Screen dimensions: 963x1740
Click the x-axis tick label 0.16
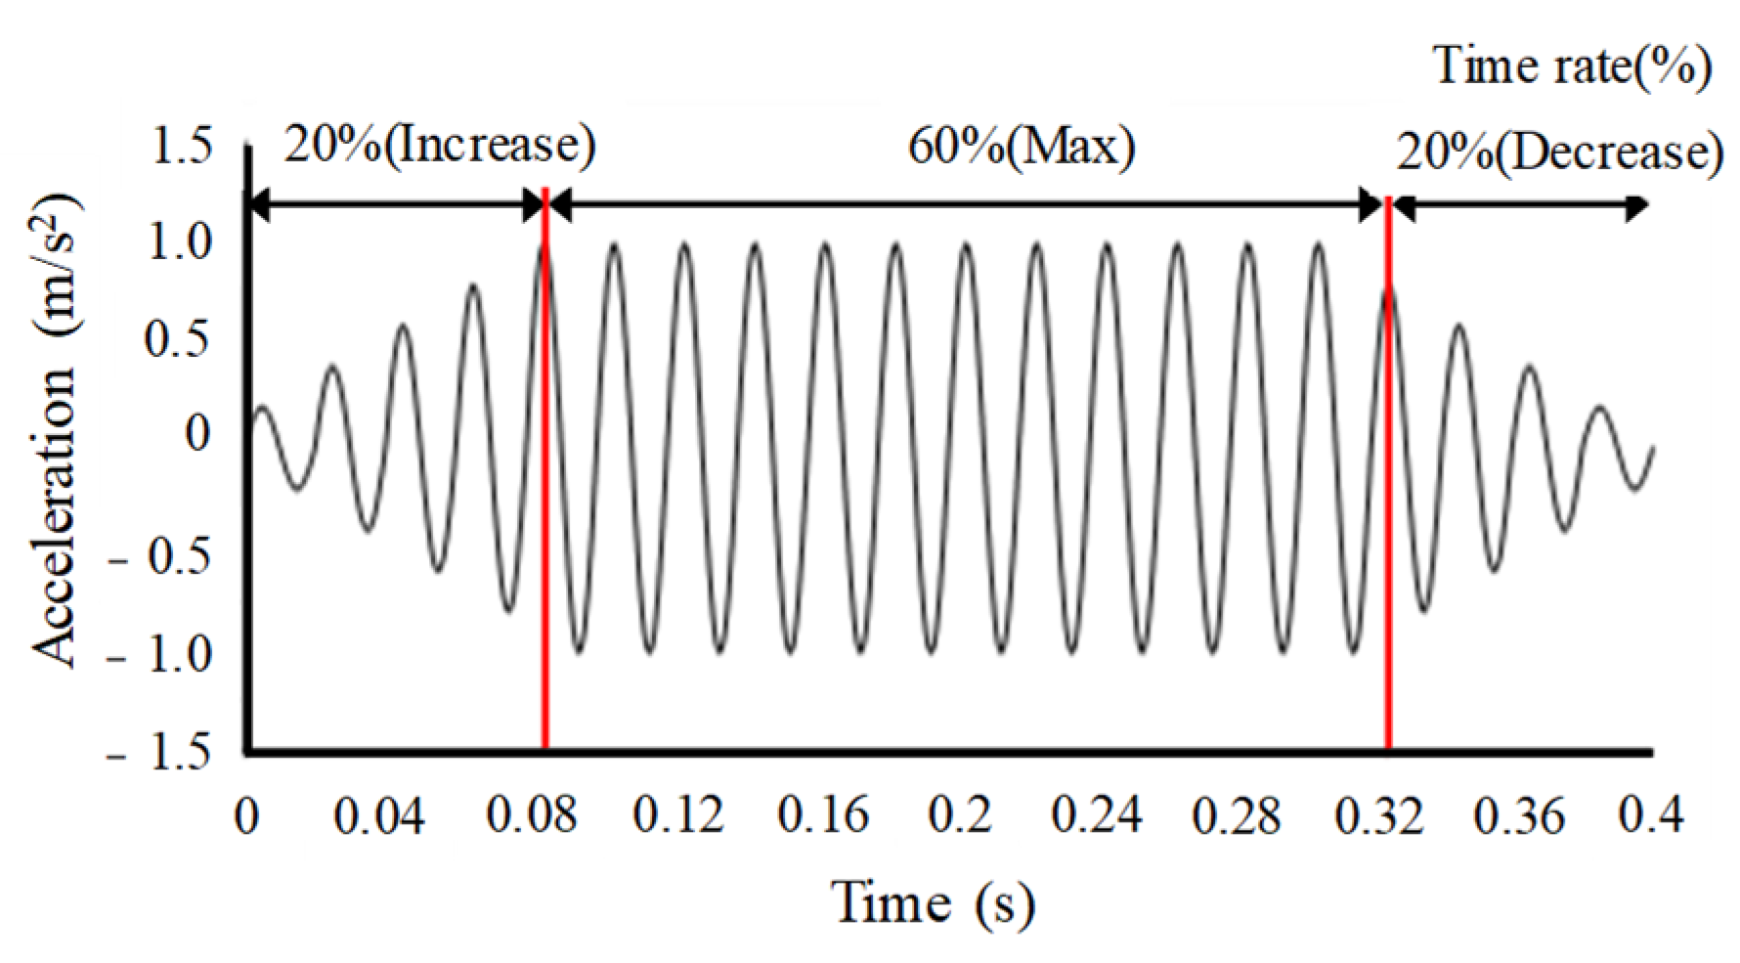click(822, 814)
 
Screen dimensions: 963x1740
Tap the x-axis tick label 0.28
click(1236, 814)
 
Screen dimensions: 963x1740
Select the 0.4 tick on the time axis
click(1650, 814)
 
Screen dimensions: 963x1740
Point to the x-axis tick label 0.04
click(378, 814)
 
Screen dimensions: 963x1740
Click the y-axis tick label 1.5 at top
click(182, 148)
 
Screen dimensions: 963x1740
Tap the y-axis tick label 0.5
click(177, 339)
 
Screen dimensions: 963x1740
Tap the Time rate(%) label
click(1572, 66)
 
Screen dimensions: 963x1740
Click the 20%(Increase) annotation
click(439, 146)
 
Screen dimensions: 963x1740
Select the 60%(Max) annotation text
click(1022, 148)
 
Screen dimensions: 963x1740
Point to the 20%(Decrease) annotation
click(1559, 153)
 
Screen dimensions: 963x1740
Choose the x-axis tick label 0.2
click(959, 814)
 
